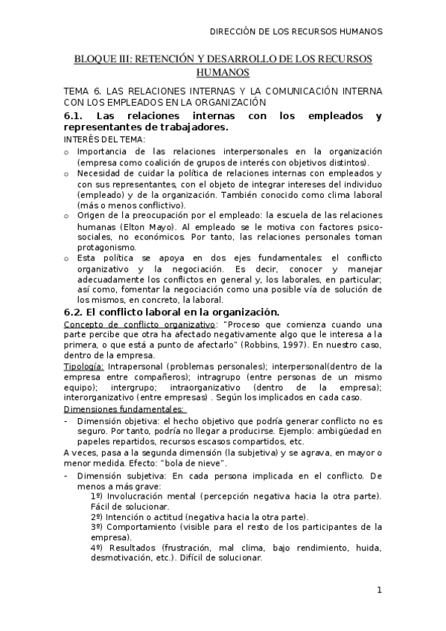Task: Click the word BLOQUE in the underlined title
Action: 93,58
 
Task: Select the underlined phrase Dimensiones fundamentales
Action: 124,409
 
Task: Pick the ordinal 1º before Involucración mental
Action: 96,496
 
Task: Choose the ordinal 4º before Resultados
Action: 96,548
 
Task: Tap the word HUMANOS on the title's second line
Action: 223,72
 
